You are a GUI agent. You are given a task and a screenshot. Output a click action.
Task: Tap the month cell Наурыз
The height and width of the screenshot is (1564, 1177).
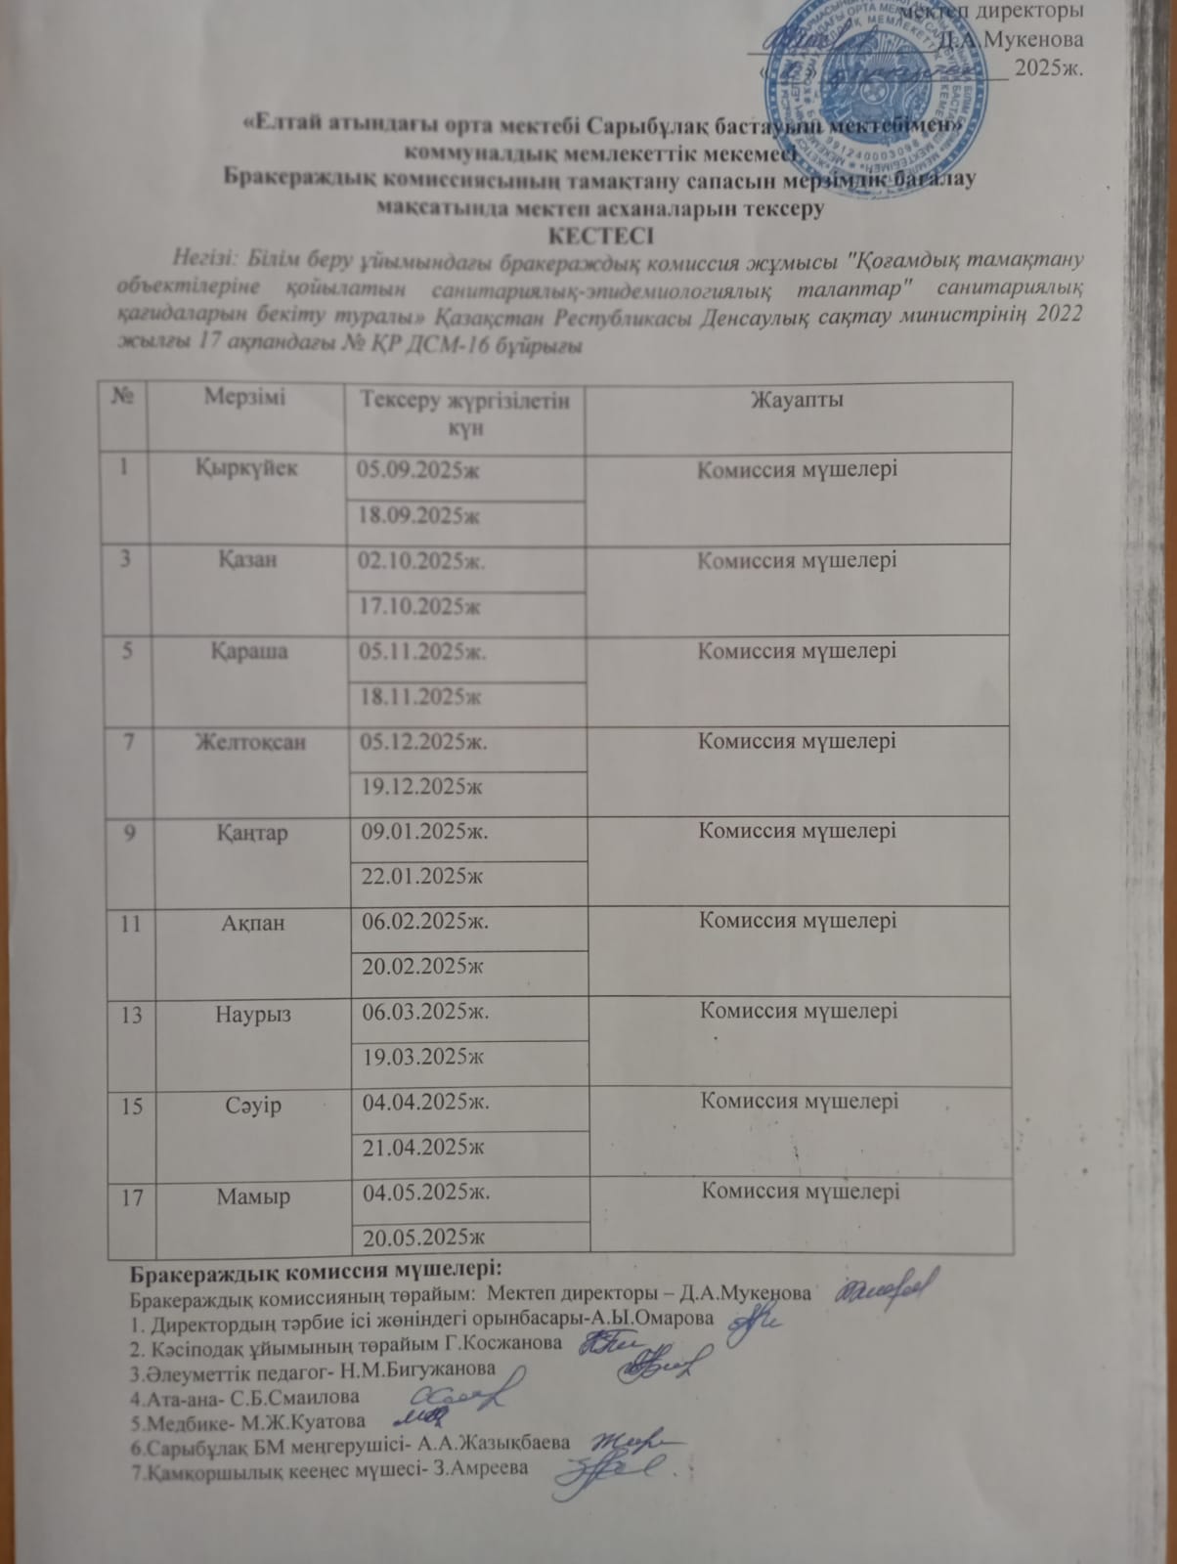[253, 1014]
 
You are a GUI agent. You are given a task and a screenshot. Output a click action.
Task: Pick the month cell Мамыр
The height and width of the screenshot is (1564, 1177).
[252, 1195]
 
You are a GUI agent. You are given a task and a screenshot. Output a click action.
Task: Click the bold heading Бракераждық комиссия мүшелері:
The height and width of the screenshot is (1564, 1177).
[316, 1270]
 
